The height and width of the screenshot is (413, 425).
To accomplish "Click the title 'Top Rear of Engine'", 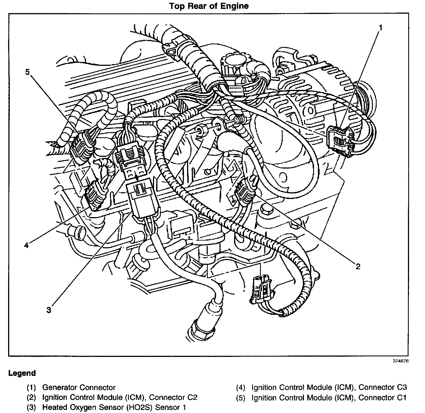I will (x=209, y=6).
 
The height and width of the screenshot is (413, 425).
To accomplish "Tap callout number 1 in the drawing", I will (x=380, y=28).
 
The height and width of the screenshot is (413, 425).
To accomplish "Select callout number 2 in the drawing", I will (x=358, y=266).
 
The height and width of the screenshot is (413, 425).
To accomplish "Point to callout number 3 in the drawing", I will (x=49, y=310).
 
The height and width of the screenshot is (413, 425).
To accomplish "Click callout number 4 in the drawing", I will (x=26, y=245).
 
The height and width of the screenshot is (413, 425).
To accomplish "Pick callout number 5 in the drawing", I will (x=27, y=72).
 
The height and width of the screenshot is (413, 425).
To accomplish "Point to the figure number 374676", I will (x=401, y=361).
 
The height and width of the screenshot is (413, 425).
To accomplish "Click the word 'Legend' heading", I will (x=22, y=373).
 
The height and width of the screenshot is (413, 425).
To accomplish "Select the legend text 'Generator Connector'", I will (x=79, y=387).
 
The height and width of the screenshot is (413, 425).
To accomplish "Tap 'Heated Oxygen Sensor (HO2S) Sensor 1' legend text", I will (x=114, y=407).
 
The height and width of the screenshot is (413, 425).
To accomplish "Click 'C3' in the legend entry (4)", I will (x=402, y=387).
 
